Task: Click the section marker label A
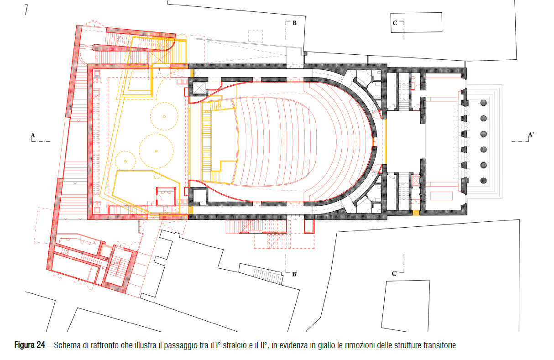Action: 33,135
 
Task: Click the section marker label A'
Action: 531,135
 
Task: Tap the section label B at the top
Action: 294,23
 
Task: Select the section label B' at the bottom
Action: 294,274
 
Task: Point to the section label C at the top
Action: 395,23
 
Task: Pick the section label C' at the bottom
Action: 395,274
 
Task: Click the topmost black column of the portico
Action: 484,103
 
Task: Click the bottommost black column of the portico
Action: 484,181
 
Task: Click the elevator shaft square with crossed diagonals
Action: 199,88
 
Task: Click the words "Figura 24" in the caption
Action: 30,345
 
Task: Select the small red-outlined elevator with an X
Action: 416,181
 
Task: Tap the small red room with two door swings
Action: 166,196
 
